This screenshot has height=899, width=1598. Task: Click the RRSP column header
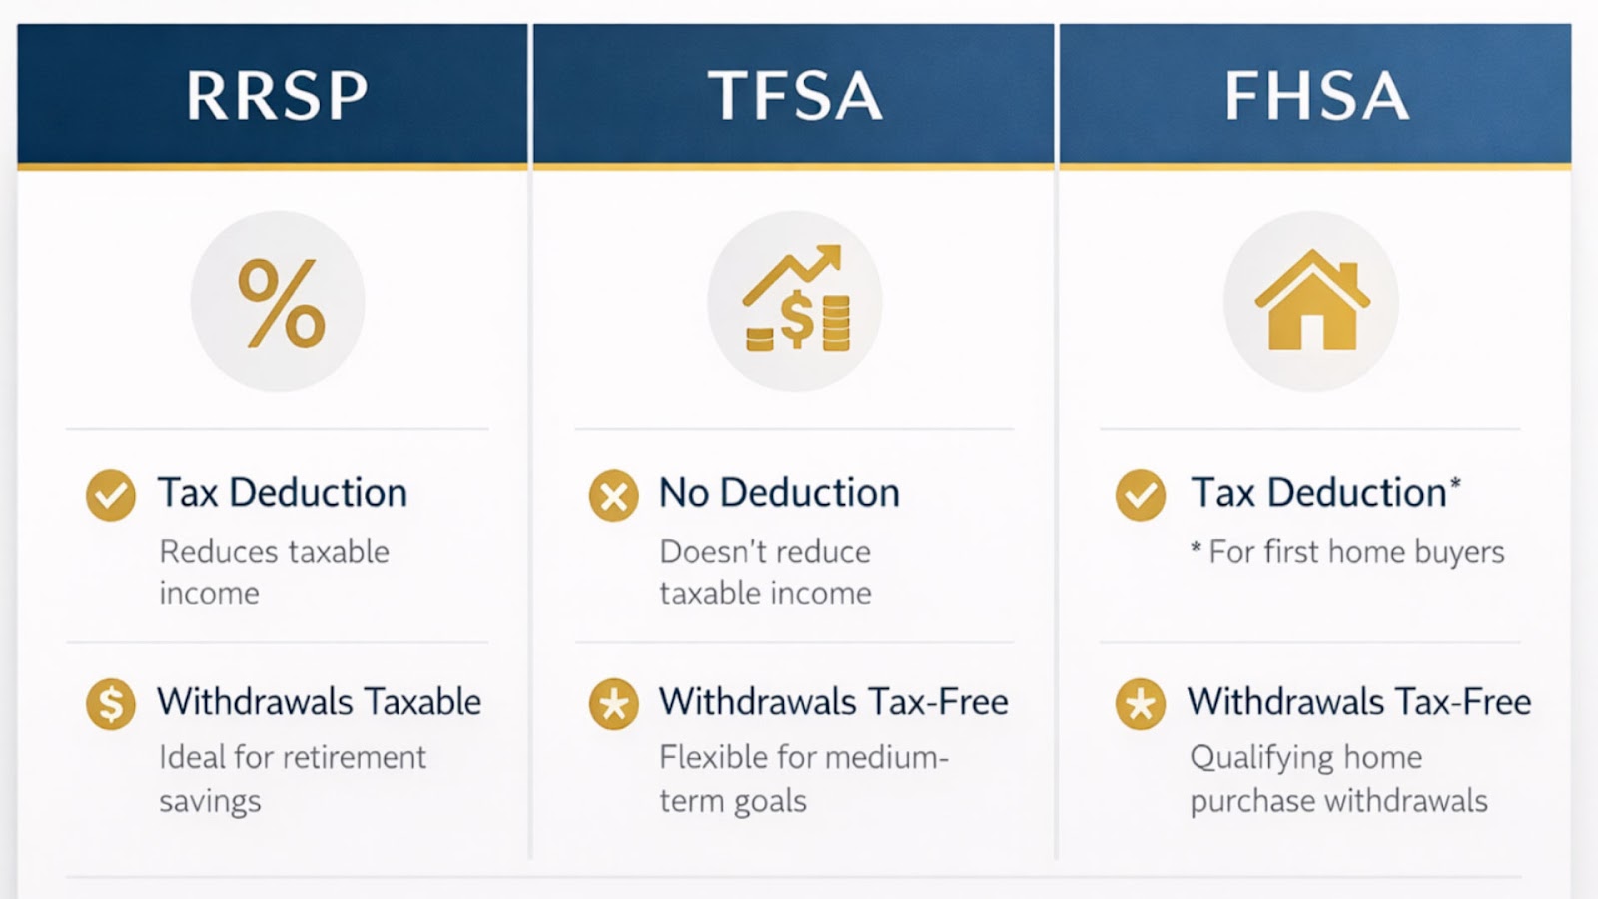pos(277,96)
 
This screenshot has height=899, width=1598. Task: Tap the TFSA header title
pos(795,96)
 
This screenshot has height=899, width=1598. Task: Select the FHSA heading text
pos(1317,96)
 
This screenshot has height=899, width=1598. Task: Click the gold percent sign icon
pos(281,303)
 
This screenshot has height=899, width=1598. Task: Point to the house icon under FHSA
pos(1312,300)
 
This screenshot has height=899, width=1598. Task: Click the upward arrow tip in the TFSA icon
pos(835,251)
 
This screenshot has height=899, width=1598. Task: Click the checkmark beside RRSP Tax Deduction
pos(111,495)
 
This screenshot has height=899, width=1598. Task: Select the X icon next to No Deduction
pos(613,495)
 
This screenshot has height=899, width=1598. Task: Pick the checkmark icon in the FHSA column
pos(1140,495)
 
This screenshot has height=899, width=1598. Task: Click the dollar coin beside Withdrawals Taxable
pos(111,703)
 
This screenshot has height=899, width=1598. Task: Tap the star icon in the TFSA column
pos(613,703)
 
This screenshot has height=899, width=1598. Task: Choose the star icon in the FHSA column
pos(1140,703)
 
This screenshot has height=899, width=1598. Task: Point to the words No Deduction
pos(779,493)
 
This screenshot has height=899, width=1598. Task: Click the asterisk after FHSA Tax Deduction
pos(1455,484)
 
